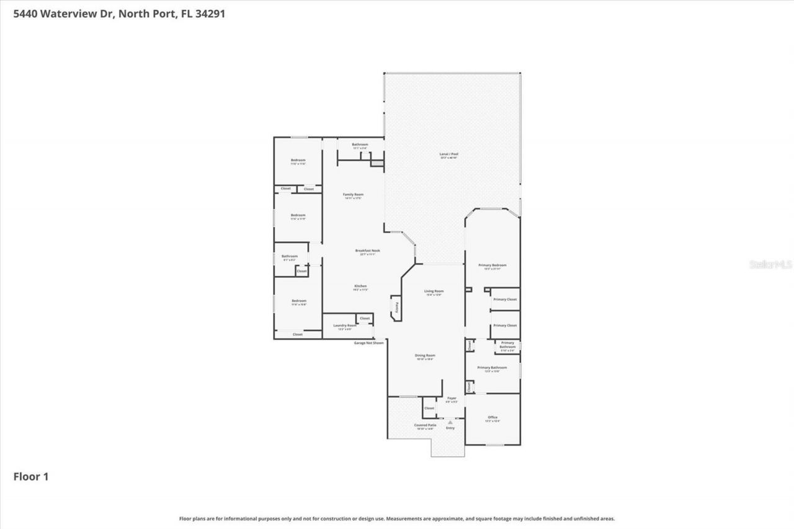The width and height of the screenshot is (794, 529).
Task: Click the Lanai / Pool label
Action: coord(449,154)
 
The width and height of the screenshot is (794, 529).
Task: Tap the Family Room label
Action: coord(353,195)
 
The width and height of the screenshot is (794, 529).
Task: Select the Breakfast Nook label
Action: coord(367,251)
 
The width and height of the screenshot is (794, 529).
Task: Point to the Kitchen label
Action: coord(360,286)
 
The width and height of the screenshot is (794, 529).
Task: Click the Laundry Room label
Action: coord(344,326)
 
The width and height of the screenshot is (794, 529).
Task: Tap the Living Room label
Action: coord(434,291)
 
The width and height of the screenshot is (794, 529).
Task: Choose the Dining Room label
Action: coord(425,355)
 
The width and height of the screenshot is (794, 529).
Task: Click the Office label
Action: coord(493,417)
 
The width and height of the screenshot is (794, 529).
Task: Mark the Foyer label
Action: coord(452,398)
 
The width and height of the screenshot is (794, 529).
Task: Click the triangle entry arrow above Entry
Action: coord(450,422)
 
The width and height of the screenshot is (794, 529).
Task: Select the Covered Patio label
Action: coord(425,425)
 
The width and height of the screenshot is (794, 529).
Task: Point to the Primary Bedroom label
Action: coord(493,265)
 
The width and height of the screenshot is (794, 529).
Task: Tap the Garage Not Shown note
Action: coord(368,342)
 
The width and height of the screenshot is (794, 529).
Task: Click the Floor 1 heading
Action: coord(31,476)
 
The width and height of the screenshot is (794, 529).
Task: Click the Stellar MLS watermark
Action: coord(770,264)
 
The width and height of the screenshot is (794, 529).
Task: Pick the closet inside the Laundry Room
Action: coord(364,318)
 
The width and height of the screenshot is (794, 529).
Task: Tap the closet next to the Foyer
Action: coord(429,408)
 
